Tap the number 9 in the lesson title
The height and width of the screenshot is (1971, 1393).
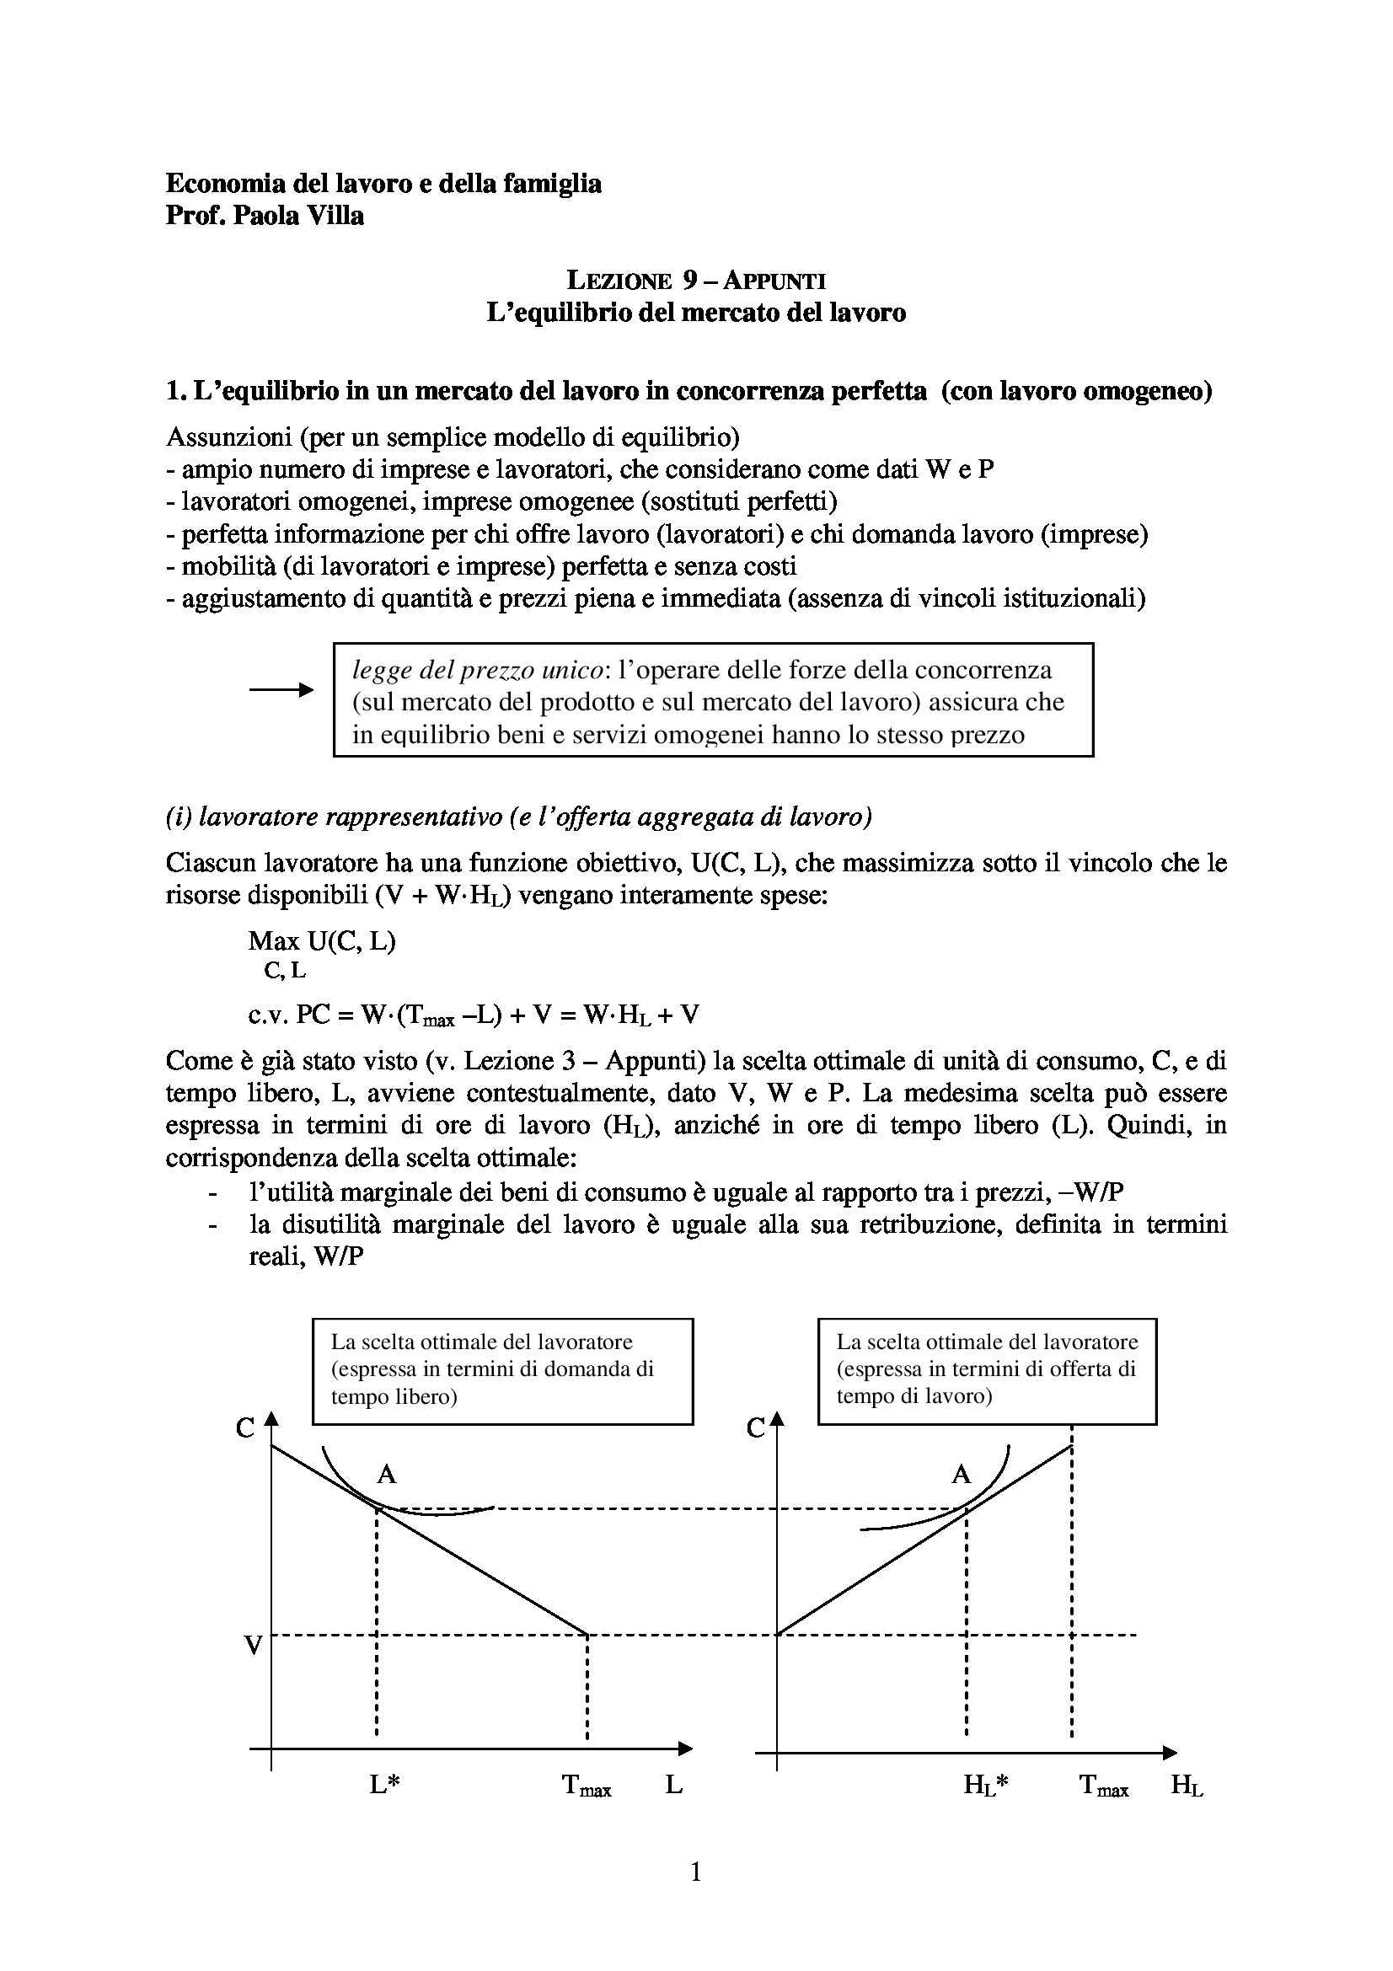(689, 280)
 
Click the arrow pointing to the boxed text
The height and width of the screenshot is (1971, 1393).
(281, 689)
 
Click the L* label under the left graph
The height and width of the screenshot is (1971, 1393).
(384, 1785)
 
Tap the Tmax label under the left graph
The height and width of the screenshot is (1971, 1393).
(587, 1786)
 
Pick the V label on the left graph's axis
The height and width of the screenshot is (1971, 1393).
(253, 1646)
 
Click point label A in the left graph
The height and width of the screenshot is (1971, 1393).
(386, 1474)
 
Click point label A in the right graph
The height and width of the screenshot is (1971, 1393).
(961, 1474)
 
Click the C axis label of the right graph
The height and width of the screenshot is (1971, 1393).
(755, 1427)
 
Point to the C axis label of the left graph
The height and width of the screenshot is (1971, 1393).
(245, 1427)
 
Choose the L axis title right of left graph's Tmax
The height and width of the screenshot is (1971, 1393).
(674, 1785)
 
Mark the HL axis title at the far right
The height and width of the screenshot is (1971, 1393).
(1187, 1786)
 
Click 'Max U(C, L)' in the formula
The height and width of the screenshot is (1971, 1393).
(322, 941)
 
